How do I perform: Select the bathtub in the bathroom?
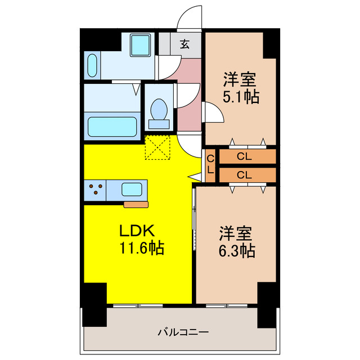111,127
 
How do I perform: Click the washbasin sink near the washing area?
93,65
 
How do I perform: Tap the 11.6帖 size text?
141,248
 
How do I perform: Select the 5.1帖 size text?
241,97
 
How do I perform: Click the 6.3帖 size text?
237,249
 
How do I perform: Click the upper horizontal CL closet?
247,156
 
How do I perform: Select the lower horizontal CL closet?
247,175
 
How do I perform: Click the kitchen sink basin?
134,190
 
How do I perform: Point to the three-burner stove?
95,190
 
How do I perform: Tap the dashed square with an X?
157,147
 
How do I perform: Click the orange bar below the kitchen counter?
136,204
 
